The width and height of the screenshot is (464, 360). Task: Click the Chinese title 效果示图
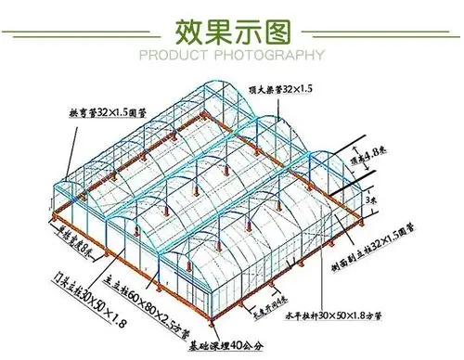coord(232,32)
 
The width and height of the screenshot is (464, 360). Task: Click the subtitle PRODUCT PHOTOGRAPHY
coord(231,56)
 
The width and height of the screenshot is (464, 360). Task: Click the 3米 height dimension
coord(372,199)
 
